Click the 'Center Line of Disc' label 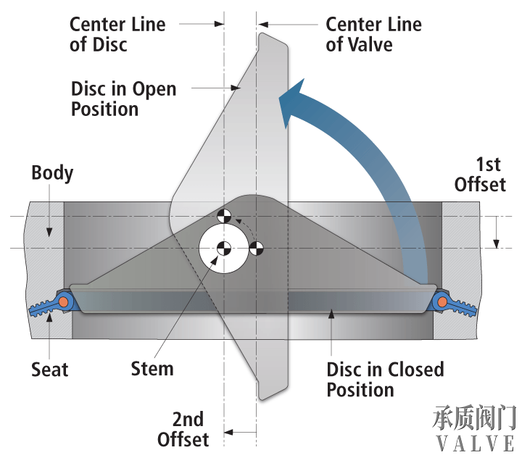tap(117, 34)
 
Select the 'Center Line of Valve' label tap(373, 34)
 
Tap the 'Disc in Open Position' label tap(123, 99)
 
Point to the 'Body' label tap(52, 174)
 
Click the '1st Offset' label tap(479, 174)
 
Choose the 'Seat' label tap(49, 370)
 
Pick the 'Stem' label tap(152, 368)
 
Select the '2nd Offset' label tap(183, 429)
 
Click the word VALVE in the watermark tap(475, 442)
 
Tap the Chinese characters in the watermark tap(475, 418)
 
